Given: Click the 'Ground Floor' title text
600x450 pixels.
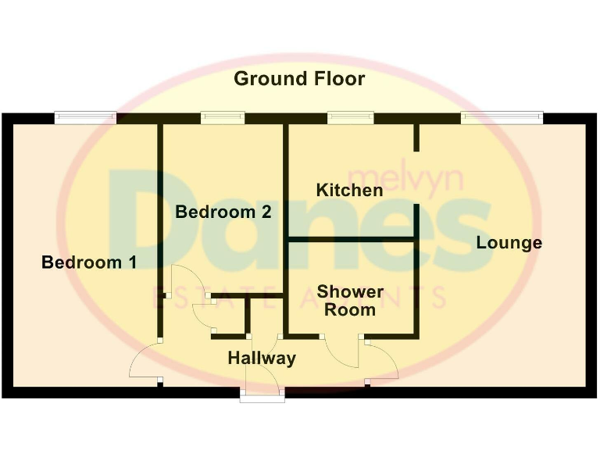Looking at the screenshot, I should (x=299, y=79).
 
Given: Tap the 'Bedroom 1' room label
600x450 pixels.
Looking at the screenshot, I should (x=88, y=262).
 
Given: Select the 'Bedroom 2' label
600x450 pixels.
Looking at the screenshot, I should (x=223, y=212).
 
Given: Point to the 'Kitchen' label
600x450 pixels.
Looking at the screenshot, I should (x=349, y=190).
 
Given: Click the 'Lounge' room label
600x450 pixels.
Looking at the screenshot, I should (x=509, y=243).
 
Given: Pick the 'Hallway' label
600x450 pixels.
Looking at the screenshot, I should (x=262, y=359).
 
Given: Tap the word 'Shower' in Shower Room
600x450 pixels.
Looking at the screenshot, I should (x=350, y=292).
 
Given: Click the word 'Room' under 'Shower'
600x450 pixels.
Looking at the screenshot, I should (x=350, y=309).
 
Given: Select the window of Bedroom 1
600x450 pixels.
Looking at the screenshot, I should (x=85, y=117).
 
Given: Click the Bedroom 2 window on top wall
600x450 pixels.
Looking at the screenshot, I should (x=223, y=117).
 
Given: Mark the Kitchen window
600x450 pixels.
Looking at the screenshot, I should (x=350, y=117).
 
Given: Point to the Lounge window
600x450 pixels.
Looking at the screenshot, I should (x=501, y=117).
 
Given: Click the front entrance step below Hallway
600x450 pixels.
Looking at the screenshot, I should (x=262, y=397).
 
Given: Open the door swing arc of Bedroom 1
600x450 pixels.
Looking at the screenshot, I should (x=142, y=363).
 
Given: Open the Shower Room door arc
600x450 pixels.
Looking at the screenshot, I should (x=342, y=355).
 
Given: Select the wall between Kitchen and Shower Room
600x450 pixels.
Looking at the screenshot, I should (x=352, y=239).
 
